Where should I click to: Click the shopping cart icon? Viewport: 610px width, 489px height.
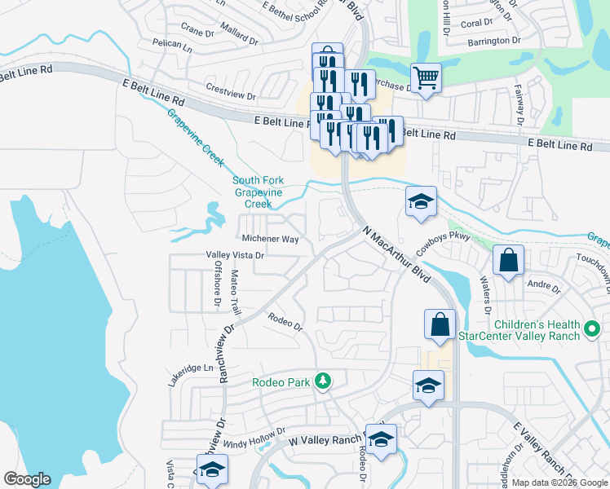pyautogui.click(x=425, y=78)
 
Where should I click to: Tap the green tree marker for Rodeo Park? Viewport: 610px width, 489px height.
pyautogui.click(x=324, y=381)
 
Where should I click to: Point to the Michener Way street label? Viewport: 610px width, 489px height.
pyautogui.click(x=270, y=240)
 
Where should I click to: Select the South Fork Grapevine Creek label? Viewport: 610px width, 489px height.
pyautogui.click(x=260, y=192)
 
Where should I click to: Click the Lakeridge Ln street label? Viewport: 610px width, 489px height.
pyautogui.click(x=190, y=368)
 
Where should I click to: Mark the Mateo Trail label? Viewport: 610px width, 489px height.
pyautogui.click(x=236, y=293)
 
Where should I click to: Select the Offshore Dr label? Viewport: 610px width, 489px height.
pyautogui.click(x=218, y=284)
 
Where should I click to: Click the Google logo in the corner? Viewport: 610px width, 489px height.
pyautogui.click(x=28, y=479)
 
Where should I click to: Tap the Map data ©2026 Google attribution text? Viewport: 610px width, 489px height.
pyautogui.click(x=559, y=482)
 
